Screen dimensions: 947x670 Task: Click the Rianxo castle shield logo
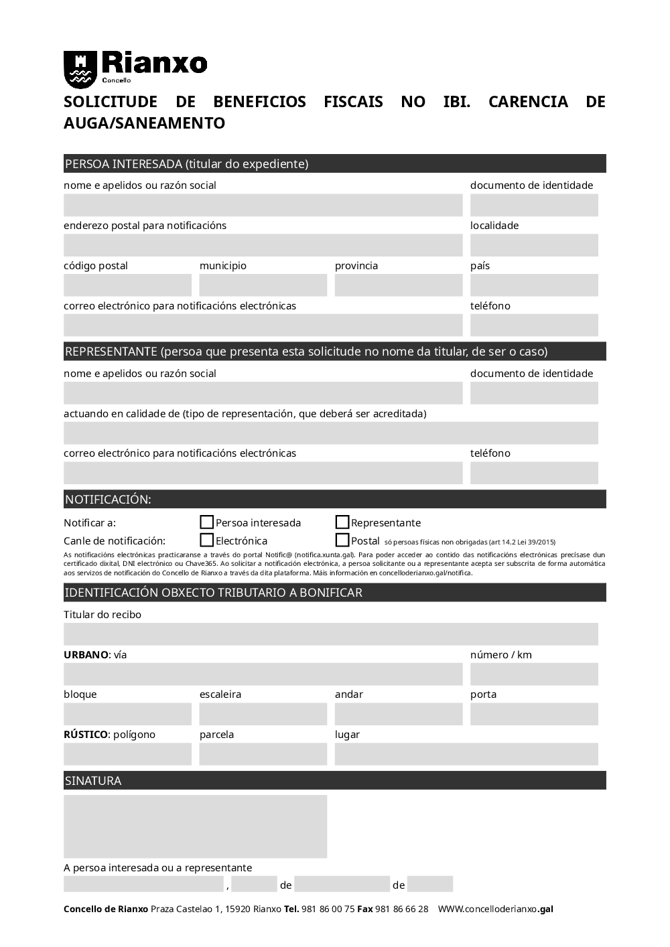80,69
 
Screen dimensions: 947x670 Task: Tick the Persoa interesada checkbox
207,522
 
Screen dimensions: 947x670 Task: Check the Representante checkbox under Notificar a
342,522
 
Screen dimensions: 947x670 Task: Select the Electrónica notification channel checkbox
207,540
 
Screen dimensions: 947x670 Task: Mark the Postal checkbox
342,540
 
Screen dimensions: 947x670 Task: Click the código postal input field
127,285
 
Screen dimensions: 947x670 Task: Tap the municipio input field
263,285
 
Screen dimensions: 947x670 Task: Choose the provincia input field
399,285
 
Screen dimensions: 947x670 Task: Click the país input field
534,285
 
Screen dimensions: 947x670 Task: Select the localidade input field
534,245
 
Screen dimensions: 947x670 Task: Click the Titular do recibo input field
331,634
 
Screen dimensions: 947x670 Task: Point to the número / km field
534,674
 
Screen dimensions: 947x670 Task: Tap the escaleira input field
263,715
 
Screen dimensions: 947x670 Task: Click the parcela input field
263,754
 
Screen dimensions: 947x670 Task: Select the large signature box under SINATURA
195,826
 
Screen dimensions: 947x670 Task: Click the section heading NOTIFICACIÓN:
108,500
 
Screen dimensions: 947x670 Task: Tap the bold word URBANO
86,655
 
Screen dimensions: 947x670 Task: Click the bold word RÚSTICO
85,735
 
